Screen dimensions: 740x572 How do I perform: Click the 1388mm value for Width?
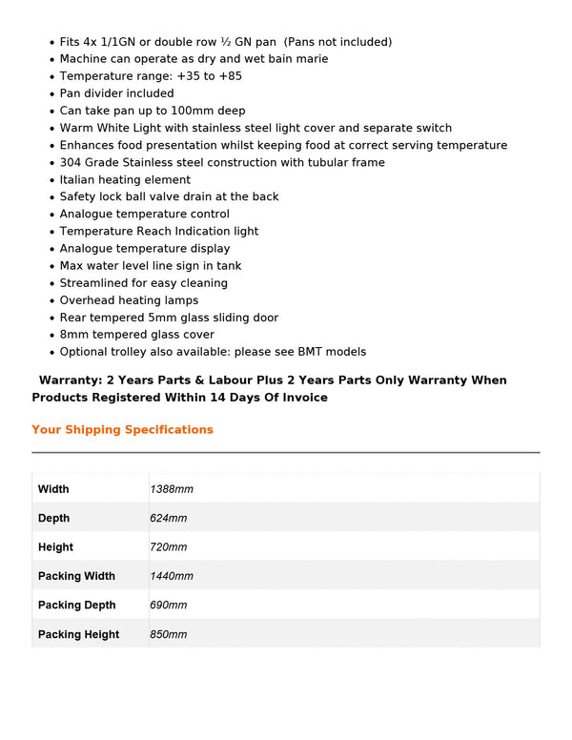[x=172, y=489]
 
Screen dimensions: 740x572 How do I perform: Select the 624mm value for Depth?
[x=169, y=518]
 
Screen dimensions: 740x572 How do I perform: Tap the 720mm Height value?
[x=169, y=547]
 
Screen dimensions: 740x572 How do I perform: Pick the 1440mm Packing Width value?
[x=172, y=576]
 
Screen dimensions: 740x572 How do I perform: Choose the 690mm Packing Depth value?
[x=169, y=606]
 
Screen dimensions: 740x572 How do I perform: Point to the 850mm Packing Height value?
[x=169, y=634]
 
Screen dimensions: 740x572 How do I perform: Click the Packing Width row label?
[x=76, y=576]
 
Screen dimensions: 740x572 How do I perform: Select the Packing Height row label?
[x=79, y=634]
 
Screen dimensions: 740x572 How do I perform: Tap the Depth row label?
[x=53, y=518]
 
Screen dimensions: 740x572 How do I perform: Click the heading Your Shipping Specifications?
[x=122, y=429]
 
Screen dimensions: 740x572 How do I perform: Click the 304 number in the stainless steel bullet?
[x=71, y=162]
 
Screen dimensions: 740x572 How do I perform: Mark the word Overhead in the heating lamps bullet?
[x=87, y=300]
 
